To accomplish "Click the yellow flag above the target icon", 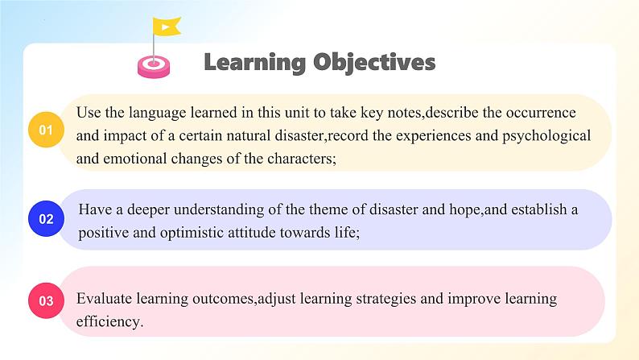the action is click(167, 27).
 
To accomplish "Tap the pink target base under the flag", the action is click(154, 67).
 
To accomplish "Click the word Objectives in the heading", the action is click(374, 63).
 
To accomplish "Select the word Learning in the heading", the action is click(254, 63).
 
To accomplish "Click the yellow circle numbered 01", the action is click(46, 130).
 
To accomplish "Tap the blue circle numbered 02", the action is click(46, 219).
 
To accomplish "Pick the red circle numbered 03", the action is click(46, 301).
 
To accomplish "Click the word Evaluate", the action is click(104, 299).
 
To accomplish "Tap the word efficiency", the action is click(109, 322).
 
